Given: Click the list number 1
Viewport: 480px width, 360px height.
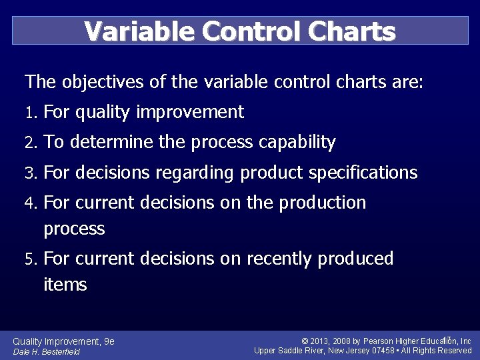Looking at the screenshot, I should (x=29, y=113).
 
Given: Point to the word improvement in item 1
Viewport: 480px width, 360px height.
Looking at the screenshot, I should (x=190, y=113).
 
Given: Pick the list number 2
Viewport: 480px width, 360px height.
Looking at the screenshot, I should (x=29, y=143).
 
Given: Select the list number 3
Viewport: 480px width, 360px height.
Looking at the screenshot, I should (x=29, y=173).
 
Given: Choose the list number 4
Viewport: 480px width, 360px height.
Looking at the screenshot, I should (x=29, y=203).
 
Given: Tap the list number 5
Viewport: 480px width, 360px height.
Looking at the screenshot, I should (x=29, y=259).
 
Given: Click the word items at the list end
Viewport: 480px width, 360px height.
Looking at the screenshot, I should (x=65, y=285).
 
